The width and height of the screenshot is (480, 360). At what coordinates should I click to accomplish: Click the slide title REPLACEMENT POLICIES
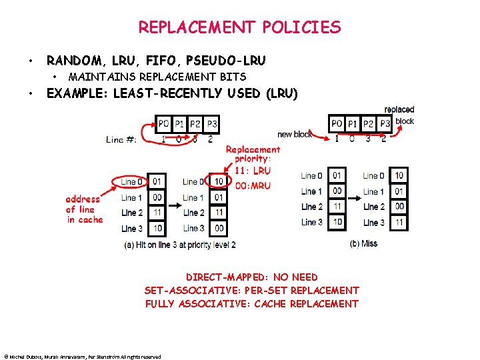point(239,27)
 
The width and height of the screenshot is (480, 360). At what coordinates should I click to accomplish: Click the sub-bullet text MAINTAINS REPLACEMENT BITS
point(157,77)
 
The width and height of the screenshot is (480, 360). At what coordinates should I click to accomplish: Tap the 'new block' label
point(295,135)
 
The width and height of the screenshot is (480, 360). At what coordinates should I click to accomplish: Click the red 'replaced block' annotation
point(401,115)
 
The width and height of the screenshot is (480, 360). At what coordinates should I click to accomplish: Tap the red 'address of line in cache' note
point(83,209)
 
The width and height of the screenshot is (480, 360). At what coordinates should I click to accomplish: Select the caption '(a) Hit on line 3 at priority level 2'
point(179,245)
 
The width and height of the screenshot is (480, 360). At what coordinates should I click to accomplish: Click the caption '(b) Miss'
point(363,243)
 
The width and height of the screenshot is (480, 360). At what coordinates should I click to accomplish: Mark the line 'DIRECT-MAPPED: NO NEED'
point(251,277)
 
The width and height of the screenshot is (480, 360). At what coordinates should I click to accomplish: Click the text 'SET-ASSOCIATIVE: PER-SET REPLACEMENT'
point(251,290)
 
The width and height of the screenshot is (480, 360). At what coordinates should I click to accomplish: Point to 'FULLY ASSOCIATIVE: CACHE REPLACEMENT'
point(251,303)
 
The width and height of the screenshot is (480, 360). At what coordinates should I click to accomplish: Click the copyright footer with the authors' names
point(82,357)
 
